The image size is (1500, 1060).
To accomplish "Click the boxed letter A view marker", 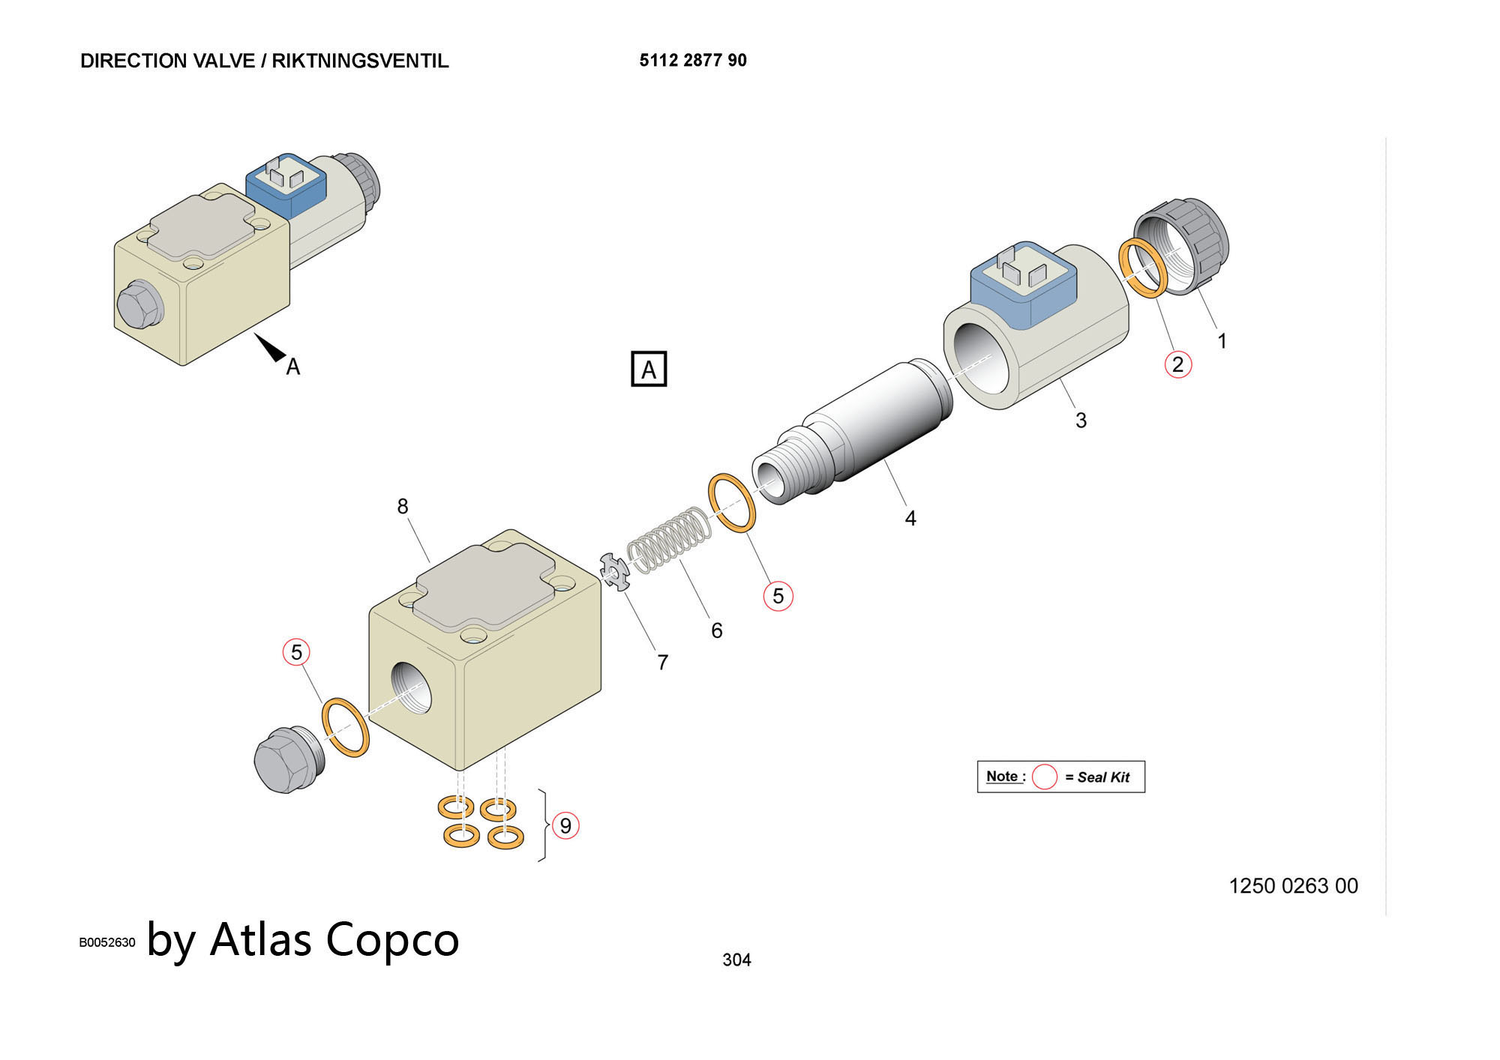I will (x=649, y=369).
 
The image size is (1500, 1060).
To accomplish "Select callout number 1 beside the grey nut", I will (x=1222, y=341).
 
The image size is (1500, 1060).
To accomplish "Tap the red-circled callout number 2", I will (x=1177, y=364).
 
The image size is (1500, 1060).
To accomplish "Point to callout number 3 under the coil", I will (x=1081, y=421).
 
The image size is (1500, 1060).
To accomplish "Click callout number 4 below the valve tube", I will (x=910, y=518).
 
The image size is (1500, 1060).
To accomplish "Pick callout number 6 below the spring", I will (x=717, y=630).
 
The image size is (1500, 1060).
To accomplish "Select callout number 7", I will (x=662, y=663).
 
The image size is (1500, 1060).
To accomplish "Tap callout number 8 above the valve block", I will (x=403, y=507).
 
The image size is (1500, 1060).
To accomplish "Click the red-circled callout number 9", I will (x=565, y=825).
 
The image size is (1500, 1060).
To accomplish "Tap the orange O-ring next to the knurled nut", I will (x=1142, y=268).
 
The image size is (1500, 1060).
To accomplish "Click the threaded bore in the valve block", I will (x=412, y=688).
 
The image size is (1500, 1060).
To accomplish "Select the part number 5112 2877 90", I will (x=693, y=61).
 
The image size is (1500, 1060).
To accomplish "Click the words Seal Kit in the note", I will (x=1102, y=777).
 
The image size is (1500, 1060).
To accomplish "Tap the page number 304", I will (x=736, y=960).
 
